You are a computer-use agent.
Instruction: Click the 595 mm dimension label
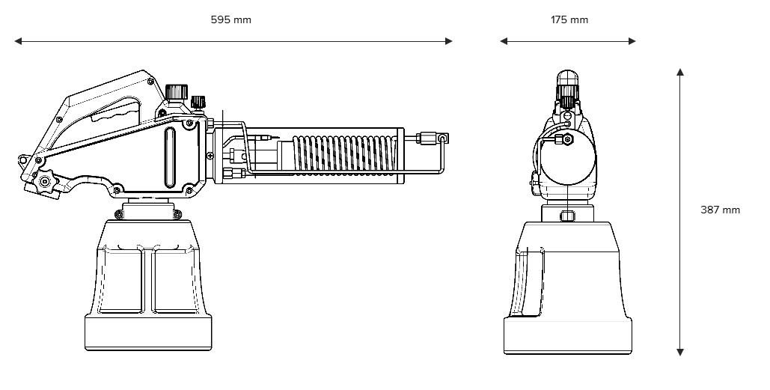[x=230, y=19]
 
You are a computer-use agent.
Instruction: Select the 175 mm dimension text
[x=569, y=19]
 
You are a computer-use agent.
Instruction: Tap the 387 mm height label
[x=720, y=210]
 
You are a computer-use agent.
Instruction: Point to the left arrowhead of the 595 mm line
[x=18, y=41]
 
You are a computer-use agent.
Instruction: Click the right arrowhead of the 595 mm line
[x=448, y=41]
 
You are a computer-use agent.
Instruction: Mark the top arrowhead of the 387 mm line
[x=680, y=72]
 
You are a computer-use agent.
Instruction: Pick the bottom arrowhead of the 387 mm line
[x=680, y=352]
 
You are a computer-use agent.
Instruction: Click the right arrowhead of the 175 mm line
[x=632, y=41]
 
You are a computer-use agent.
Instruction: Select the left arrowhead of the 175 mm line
[x=504, y=41]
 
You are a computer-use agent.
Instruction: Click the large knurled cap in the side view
[x=177, y=92]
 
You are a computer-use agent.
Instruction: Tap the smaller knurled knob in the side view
[x=198, y=102]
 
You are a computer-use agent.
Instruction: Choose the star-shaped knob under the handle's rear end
[x=45, y=182]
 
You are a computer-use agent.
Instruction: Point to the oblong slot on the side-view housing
[x=169, y=157]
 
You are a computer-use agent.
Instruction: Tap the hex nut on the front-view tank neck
[x=567, y=216]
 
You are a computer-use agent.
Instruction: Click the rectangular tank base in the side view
[x=148, y=332]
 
